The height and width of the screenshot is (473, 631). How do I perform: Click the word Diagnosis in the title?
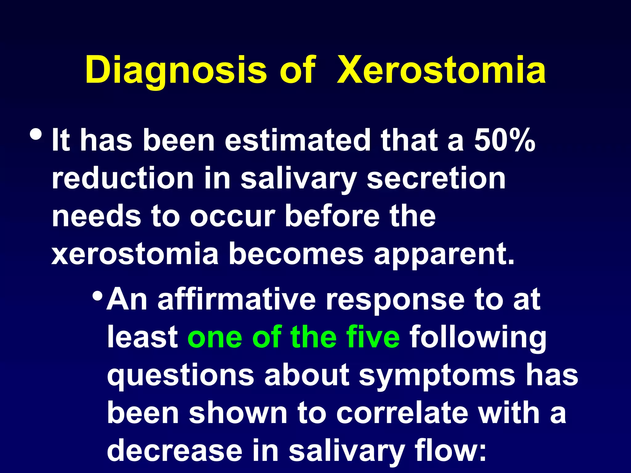(176, 70)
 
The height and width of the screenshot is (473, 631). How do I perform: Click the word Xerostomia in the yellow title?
(441, 70)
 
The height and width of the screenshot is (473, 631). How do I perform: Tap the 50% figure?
(505, 140)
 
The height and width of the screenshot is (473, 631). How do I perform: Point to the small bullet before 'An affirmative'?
(98, 296)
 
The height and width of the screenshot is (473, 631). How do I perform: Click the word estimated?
(297, 140)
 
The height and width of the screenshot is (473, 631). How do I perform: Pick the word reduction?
(123, 178)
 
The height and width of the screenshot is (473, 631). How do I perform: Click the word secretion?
(436, 178)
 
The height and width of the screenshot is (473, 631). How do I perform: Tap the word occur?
(232, 216)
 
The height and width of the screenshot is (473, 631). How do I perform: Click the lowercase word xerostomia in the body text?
(135, 254)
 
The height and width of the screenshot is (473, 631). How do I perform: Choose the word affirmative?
(237, 299)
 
